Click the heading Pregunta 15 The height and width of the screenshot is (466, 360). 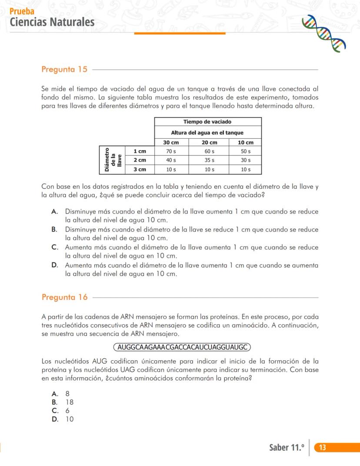tap(64, 69)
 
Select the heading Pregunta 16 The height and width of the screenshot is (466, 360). tap(64, 297)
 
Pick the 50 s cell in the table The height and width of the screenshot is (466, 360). tap(246, 151)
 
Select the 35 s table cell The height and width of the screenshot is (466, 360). tap(209, 160)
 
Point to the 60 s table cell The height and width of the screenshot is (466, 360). tap(209, 151)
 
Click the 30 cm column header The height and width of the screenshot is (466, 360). tap(171, 143)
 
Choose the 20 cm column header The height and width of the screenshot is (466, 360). tap(209, 143)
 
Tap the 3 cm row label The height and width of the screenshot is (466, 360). tap(140, 169)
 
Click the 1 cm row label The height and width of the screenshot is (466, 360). tap(140, 151)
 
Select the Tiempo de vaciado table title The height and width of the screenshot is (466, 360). tap(207, 122)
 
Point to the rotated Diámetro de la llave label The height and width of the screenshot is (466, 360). tap(112, 160)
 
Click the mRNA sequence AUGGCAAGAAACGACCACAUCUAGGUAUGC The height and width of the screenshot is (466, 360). tap(182, 347)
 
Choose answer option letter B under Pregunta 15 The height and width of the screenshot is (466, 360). tap(55, 230)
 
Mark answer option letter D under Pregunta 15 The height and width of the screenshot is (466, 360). tap(55, 265)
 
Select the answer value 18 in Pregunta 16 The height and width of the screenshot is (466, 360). tap(70, 402)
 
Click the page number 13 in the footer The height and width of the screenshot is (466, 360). tap(323, 448)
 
